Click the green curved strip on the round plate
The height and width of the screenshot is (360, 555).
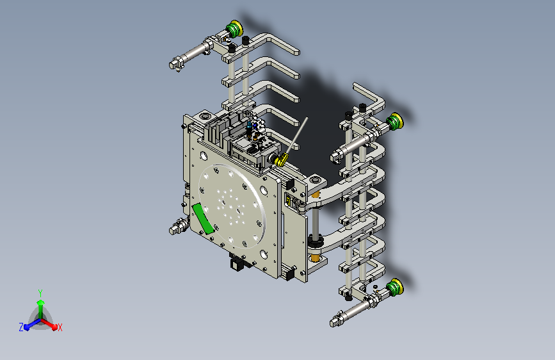(x=203, y=218)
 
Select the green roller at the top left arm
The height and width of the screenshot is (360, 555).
(x=234, y=29)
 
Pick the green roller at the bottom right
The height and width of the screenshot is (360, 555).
(x=394, y=288)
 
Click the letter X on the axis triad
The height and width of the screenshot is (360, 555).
(x=60, y=327)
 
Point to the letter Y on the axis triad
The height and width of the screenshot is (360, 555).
(x=40, y=293)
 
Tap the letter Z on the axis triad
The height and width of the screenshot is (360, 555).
(x=21, y=327)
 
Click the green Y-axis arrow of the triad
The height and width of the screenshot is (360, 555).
(x=41, y=308)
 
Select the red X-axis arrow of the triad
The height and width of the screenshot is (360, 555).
(x=49, y=324)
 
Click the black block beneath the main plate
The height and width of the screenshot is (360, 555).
(x=236, y=264)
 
